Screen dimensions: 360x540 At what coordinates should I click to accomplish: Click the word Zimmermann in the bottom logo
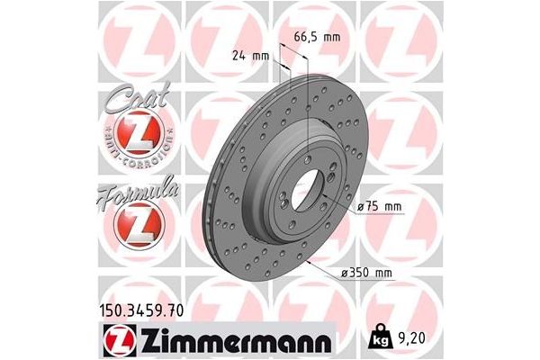[x=238, y=340]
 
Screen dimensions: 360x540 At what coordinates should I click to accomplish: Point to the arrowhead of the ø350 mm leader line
[x=309, y=261]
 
